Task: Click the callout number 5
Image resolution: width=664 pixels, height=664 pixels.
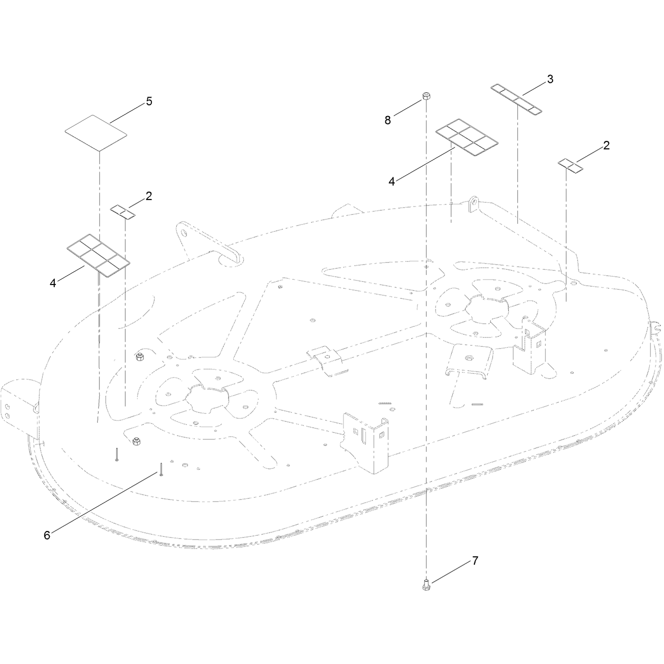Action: (149, 101)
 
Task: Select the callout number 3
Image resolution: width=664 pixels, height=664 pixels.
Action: (551, 79)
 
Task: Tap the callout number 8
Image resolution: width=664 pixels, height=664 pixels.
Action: (387, 120)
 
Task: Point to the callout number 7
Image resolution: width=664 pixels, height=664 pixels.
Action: (475, 561)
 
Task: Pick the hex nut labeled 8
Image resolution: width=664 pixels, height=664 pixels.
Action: (426, 96)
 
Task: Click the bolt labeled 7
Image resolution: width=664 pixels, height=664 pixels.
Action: (426, 584)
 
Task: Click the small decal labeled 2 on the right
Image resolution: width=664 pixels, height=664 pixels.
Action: (570, 166)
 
